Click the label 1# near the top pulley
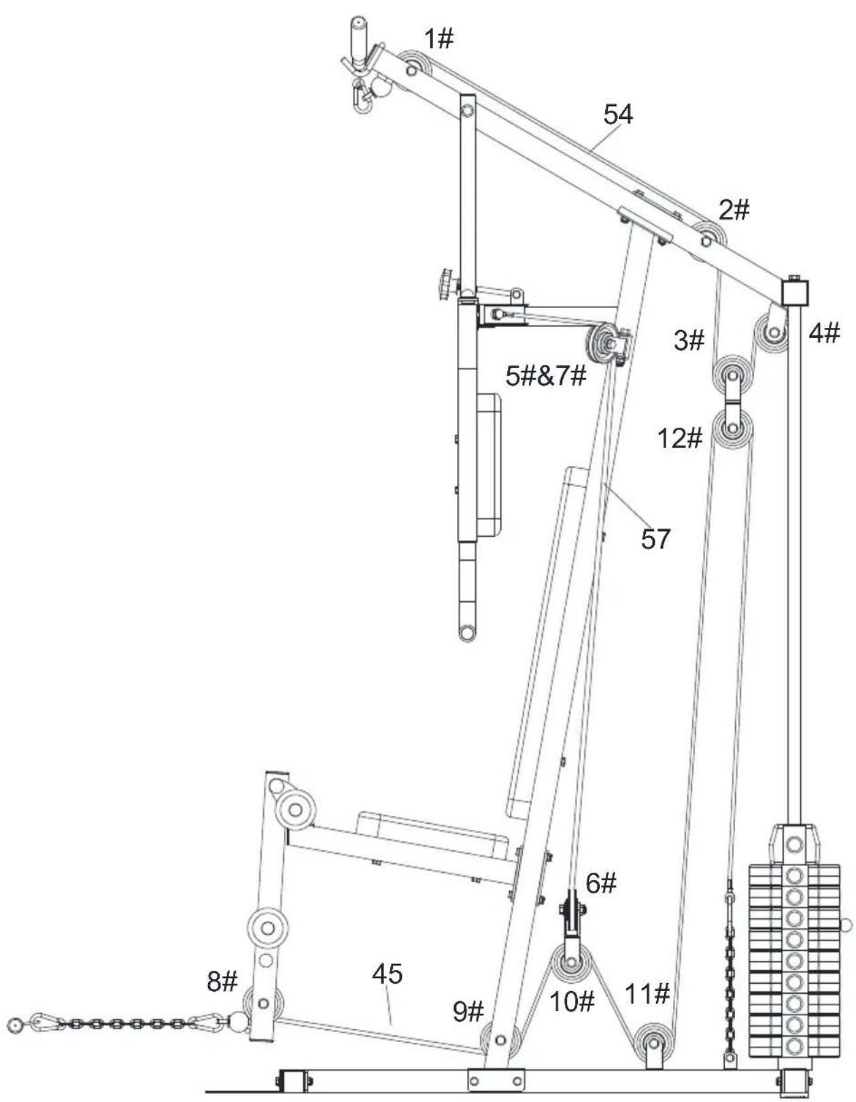pos(439,39)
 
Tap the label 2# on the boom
pos(734,210)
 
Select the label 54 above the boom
pos(618,114)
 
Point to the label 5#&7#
pos(547,376)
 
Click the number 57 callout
pos(656,539)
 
